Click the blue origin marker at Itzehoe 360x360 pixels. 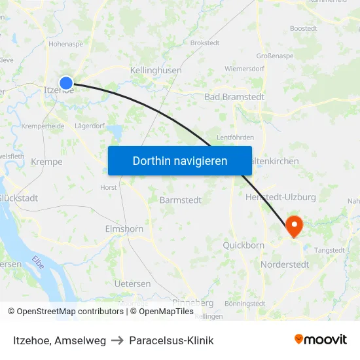coord(66,82)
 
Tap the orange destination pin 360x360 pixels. coord(294,226)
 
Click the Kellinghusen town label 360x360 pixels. coord(156,70)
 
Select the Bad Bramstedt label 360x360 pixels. coord(234,97)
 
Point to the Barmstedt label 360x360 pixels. coord(181,200)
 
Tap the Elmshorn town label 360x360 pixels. coord(124,229)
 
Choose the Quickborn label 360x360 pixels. coord(243,245)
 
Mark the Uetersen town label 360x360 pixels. coord(132,284)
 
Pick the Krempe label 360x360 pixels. coord(46,162)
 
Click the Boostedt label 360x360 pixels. coord(304,28)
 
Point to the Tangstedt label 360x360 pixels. coord(329,250)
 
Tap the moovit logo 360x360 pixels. coord(320,340)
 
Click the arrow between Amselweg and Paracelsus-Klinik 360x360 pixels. coord(118,341)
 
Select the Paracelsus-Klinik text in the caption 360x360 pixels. coord(171,340)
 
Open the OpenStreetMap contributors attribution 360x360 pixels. coord(69,312)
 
